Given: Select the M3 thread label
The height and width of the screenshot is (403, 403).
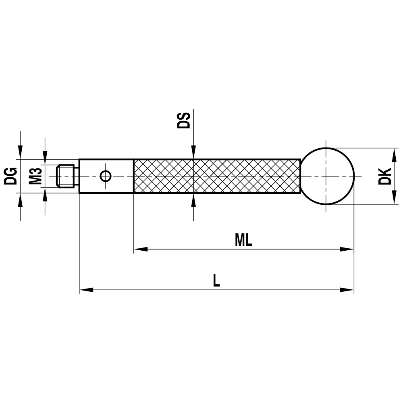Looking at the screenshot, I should tap(36, 176).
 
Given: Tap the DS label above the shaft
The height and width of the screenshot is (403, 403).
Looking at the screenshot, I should tap(184, 120).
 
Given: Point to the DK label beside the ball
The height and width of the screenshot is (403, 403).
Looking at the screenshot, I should tap(385, 176).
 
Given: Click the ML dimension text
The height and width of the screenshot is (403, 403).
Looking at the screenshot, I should tap(243, 241).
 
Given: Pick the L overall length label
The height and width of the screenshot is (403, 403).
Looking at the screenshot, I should tap(216, 280).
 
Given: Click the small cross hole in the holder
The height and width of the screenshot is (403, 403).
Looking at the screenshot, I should tap(106, 176).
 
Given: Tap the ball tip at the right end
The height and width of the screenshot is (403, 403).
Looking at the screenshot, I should tap(327, 176).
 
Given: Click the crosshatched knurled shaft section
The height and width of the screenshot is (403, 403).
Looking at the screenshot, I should tap(216, 176).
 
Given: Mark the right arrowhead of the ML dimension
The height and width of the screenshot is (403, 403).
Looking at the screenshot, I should tap(347, 249).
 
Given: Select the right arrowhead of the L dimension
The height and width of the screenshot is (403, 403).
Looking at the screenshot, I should tap(347, 289).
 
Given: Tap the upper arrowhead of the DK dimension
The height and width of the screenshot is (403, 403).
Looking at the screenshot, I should tap(393, 154).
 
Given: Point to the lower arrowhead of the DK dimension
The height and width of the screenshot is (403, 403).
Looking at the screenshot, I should tap(393, 198).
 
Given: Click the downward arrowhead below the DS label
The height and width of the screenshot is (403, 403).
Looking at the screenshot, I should tap(193, 153).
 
